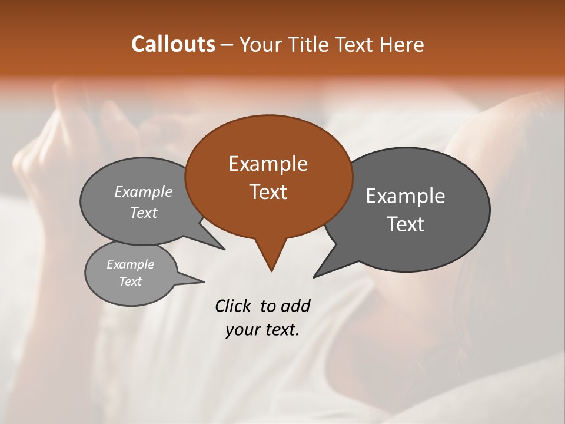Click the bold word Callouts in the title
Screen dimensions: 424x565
tap(173, 44)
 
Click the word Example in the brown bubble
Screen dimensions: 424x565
tap(268, 164)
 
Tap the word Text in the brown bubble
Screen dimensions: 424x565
tap(268, 192)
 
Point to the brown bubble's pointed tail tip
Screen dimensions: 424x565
tap(271, 271)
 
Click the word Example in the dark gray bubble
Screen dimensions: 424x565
tap(406, 196)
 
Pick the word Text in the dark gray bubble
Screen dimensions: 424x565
tap(406, 224)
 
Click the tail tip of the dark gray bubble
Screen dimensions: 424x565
tap(314, 277)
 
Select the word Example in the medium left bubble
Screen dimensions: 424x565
tap(144, 192)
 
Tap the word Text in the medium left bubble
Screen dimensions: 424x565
tap(144, 213)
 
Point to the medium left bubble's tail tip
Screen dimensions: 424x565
tap(224, 249)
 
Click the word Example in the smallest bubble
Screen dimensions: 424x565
tap(131, 264)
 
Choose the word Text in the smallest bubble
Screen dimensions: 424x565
tap(131, 281)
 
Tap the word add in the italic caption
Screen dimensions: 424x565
tap(295, 306)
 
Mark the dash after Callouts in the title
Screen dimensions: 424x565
tap(228, 45)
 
